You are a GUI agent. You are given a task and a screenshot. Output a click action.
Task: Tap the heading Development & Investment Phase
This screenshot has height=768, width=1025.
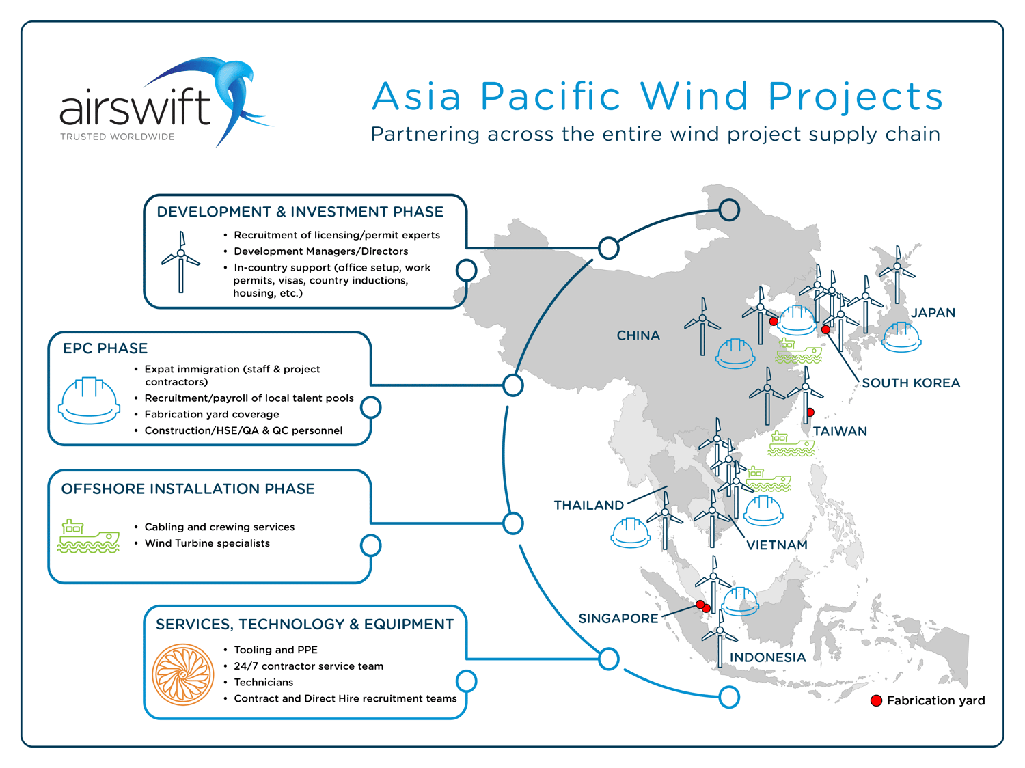[x=300, y=212]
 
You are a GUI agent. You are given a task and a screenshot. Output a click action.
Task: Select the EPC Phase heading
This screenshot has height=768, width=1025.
[x=105, y=348]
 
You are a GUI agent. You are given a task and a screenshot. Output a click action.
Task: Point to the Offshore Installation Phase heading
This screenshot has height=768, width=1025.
[x=188, y=489]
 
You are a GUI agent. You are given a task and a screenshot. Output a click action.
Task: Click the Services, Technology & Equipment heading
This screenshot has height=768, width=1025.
[x=305, y=625]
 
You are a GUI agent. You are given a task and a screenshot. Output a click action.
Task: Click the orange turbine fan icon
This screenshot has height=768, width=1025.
[x=182, y=675]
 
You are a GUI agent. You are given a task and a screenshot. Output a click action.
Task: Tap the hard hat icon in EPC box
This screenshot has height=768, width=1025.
[x=90, y=400]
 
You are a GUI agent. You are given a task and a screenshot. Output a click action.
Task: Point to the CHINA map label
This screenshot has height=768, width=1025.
[x=638, y=335]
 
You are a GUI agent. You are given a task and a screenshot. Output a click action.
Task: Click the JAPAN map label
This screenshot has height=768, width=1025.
[x=933, y=313]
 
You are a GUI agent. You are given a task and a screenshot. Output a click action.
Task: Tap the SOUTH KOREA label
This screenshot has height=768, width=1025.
[x=911, y=383]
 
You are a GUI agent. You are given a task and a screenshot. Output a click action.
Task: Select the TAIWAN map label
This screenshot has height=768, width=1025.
[x=840, y=432]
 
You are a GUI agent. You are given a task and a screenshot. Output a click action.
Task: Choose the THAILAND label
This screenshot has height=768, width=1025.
[x=588, y=506]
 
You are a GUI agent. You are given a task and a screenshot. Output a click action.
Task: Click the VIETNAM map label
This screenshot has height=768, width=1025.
[x=777, y=545]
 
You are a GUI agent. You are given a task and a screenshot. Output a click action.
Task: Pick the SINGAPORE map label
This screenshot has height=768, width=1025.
[x=618, y=619]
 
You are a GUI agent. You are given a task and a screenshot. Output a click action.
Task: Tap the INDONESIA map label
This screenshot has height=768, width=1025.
[x=767, y=658]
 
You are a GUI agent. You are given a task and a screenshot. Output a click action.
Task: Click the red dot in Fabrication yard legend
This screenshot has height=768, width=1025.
[x=876, y=701]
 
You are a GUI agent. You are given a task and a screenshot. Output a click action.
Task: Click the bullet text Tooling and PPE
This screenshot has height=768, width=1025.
[x=275, y=650]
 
